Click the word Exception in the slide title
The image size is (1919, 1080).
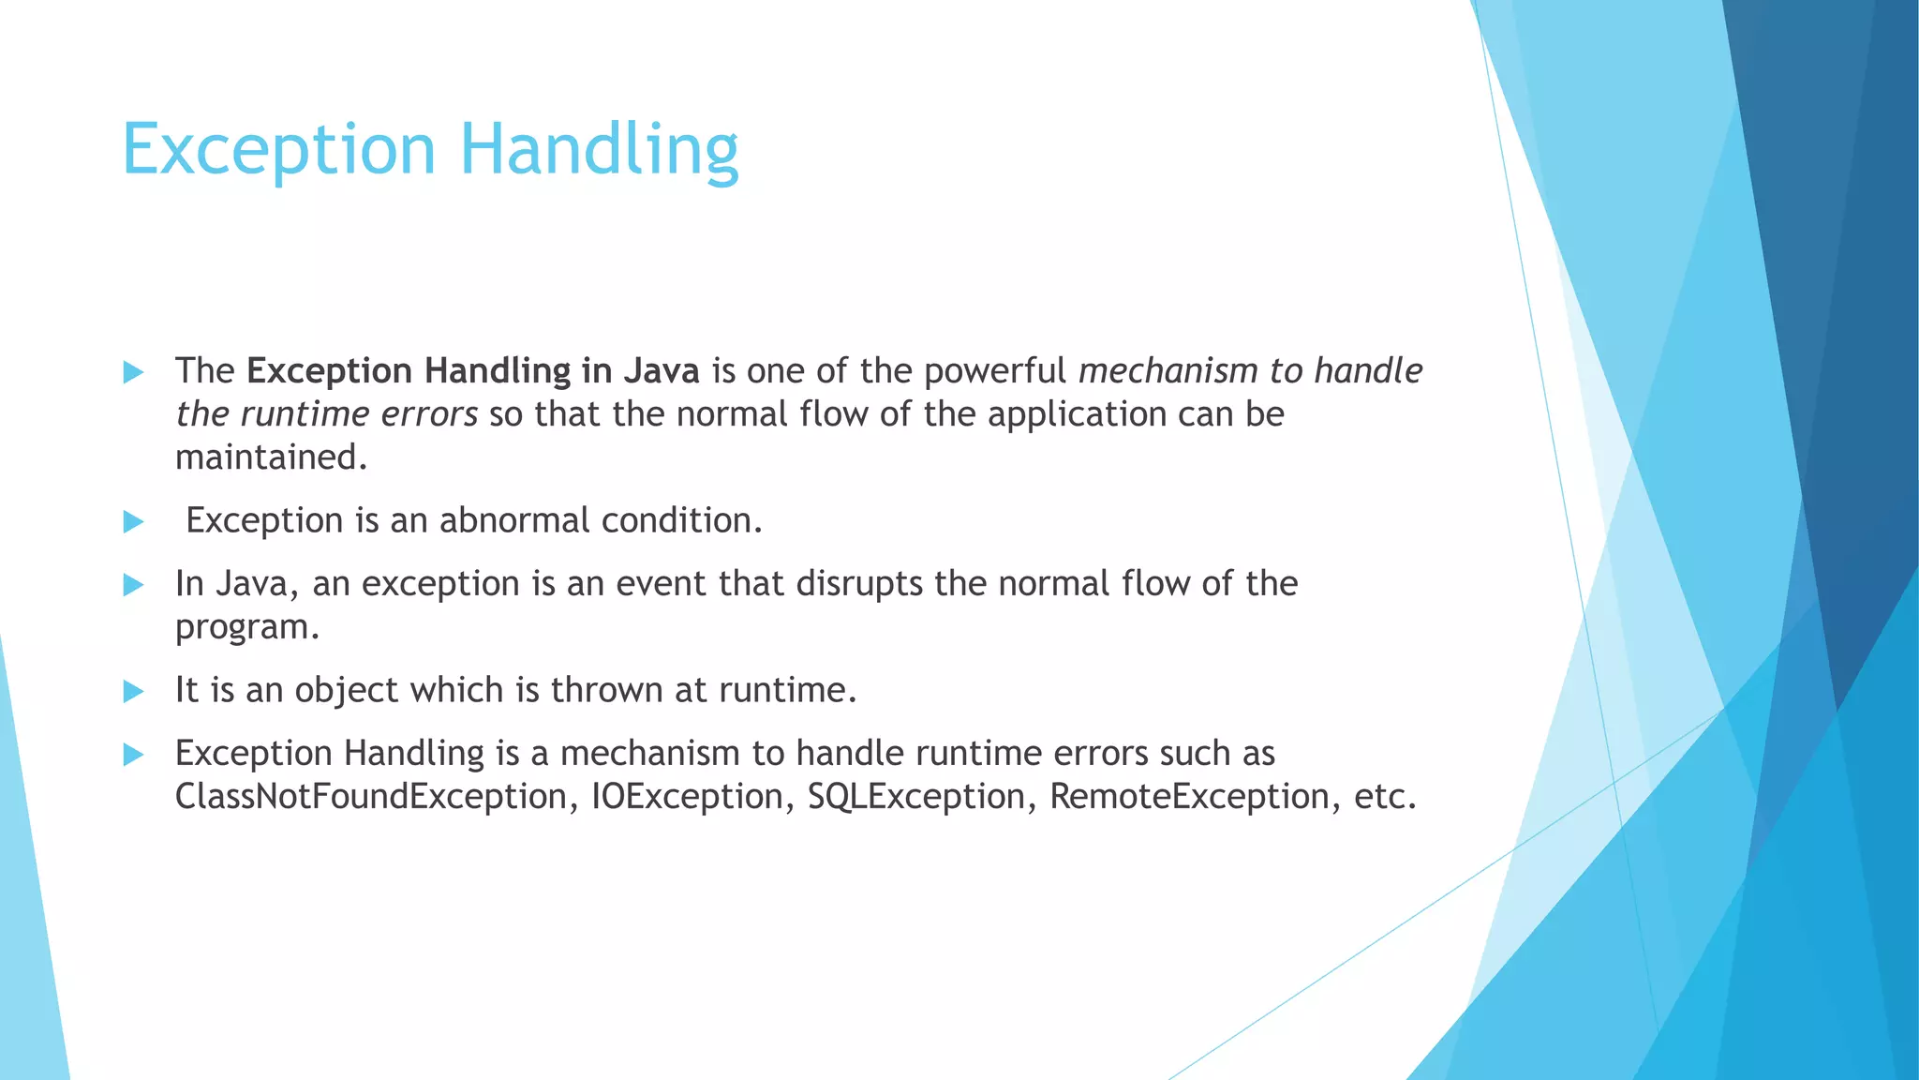tap(278, 150)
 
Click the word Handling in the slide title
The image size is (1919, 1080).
tap(599, 150)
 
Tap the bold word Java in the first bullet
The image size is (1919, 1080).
tap(662, 371)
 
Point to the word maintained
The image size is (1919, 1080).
tap(270, 457)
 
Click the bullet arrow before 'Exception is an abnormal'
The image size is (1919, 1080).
tap(134, 521)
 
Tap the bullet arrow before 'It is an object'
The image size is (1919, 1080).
tap(134, 692)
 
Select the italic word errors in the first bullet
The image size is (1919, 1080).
tap(435, 414)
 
